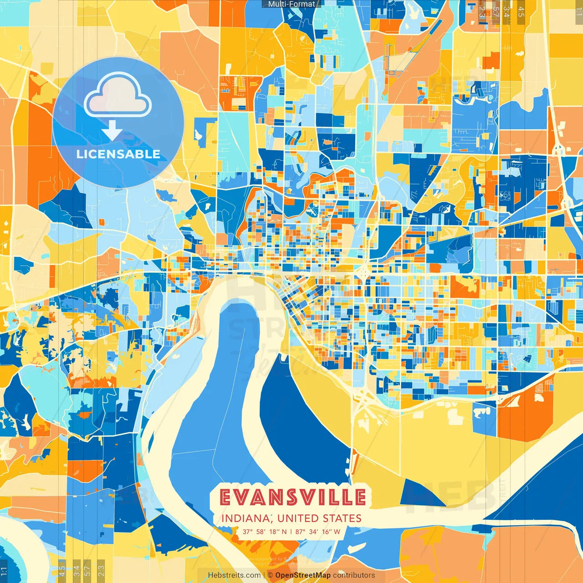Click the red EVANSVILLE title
coord(292,497)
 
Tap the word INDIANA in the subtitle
coord(246,518)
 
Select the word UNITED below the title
coord(298,518)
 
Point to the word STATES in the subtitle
coord(342,518)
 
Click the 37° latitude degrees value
coord(247,532)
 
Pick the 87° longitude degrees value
coord(300,532)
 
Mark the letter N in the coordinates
coord(284,532)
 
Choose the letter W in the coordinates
coord(337,532)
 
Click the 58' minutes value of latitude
coord(261,532)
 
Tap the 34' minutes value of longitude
coord(313,532)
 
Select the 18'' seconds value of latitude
coord(274,532)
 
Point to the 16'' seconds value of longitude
coord(327,532)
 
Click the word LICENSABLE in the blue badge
coord(118,154)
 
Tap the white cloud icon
coord(118,97)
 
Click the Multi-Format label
coord(291,4)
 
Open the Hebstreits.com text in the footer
coord(234,575)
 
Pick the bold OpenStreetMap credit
coord(303,575)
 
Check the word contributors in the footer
coord(354,575)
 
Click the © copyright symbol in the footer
coord(270,575)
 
